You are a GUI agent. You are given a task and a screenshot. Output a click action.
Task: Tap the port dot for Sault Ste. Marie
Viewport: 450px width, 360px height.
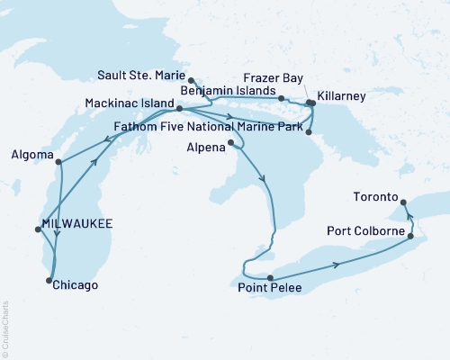pyautogui.click(x=192, y=79)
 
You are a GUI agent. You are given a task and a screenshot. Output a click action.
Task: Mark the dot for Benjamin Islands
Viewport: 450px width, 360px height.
pyautogui.click(x=282, y=98)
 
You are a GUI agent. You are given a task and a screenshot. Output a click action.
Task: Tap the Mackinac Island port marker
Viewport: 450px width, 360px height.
pyautogui.click(x=180, y=109)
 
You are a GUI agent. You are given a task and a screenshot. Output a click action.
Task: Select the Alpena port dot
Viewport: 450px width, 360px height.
pyautogui.click(x=232, y=142)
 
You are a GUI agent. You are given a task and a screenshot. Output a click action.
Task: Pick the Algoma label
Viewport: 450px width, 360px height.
pyautogui.click(x=30, y=155)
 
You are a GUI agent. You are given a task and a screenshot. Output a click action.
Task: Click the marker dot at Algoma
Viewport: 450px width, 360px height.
pyautogui.click(x=58, y=163)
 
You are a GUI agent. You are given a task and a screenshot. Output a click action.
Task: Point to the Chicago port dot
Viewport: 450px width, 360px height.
pyautogui.click(x=48, y=281)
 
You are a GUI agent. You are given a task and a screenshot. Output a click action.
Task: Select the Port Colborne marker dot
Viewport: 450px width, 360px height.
pyautogui.click(x=411, y=237)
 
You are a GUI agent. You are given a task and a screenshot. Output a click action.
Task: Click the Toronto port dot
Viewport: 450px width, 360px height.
pyautogui.click(x=402, y=202)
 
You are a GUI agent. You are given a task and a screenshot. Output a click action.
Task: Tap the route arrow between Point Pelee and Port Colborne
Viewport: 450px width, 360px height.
pyautogui.click(x=337, y=264)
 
